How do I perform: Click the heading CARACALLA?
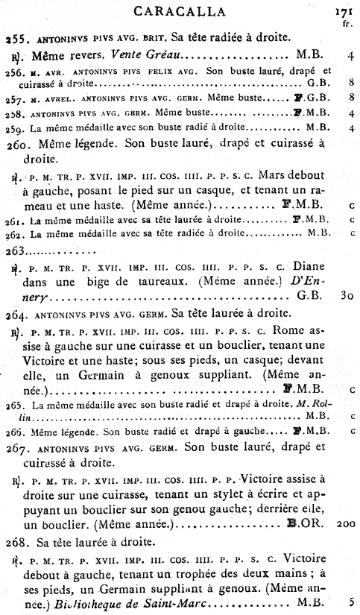(x=180, y=10)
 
